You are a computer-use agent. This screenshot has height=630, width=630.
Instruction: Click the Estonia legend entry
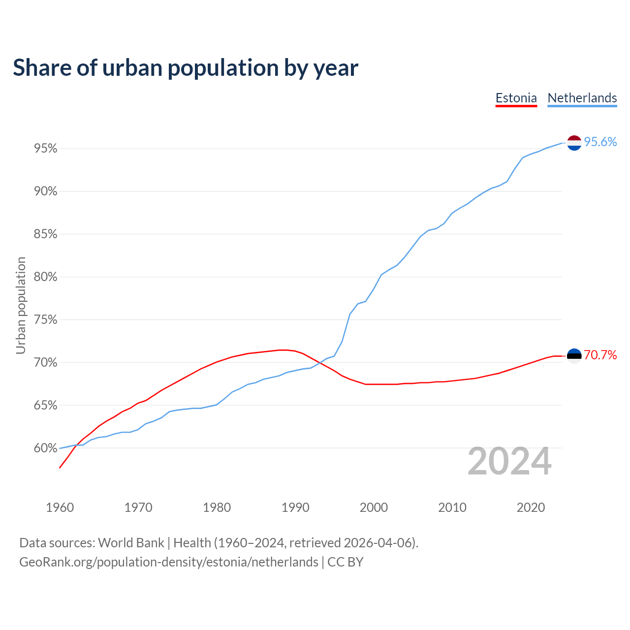pyautogui.click(x=516, y=98)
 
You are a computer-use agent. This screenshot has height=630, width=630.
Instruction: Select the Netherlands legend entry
pyautogui.click(x=582, y=98)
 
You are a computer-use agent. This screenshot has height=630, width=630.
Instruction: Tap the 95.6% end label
pyautogui.click(x=600, y=142)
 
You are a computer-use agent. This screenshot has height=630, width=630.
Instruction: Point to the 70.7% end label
pyautogui.click(x=600, y=355)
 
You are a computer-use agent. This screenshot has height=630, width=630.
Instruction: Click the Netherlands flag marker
pyautogui.click(x=574, y=143)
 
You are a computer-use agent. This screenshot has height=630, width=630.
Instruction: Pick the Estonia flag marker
pyautogui.click(x=574, y=356)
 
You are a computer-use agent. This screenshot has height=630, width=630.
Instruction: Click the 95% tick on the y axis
pyautogui.click(x=45, y=149)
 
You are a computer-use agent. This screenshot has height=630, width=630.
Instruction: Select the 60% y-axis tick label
pyautogui.click(x=45, y=448)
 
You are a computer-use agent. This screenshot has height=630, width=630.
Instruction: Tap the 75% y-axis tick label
pyautogui.click(x=45, y=320)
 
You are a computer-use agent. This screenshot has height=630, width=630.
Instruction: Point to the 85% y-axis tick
pyautogui.click(x=45, y=234)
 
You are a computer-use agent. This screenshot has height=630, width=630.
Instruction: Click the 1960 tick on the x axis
pyautogui.click(x=60, y=507)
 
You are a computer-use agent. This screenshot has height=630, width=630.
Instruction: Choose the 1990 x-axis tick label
pyautogui.click(x=295, y=507)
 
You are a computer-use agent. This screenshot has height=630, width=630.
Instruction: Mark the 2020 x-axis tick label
pyautogui.click(x=531, y=507)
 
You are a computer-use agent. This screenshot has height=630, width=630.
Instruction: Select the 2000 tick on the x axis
pyautogui.click(x=374, y=507)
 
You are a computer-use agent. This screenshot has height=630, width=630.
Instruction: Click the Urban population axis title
pyautogui.click(x=21, y=305)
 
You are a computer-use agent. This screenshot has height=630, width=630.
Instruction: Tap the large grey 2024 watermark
pyautogui.click(x=509, y=462)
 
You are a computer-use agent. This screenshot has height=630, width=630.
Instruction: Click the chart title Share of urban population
pyautogui.click(x=186, y=68)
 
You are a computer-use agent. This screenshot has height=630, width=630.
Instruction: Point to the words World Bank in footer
pyautogui.click(x=131, y=543)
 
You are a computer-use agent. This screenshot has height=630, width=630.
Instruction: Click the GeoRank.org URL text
pyautogui.click(x=169, y=562)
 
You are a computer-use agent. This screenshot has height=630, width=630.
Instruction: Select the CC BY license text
pyautogui.click(x=346, y=562)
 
